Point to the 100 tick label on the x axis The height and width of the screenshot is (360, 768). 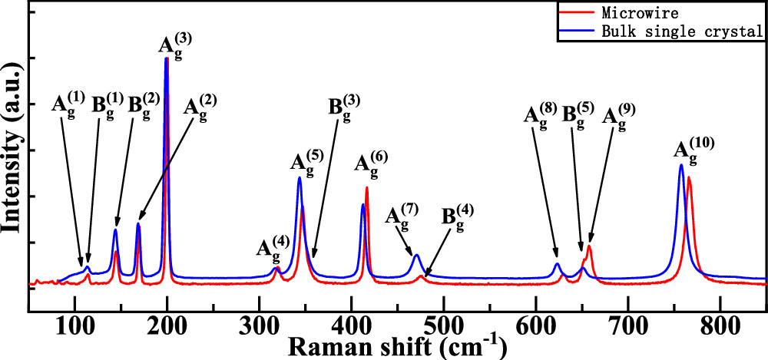click(x=74, y=323)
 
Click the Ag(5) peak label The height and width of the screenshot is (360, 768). click(x=307, y=163)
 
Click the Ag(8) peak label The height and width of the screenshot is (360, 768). click(x=541, y=117)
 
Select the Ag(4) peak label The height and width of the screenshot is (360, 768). click(x=273, y=249)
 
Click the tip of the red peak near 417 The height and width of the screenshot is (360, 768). click(x=367, y=187)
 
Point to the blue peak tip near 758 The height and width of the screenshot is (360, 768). click(x=681, y=165)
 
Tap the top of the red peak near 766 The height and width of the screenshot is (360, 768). click(x=689, y=177)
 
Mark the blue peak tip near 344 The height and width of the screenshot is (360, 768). click(x=300, y=178)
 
